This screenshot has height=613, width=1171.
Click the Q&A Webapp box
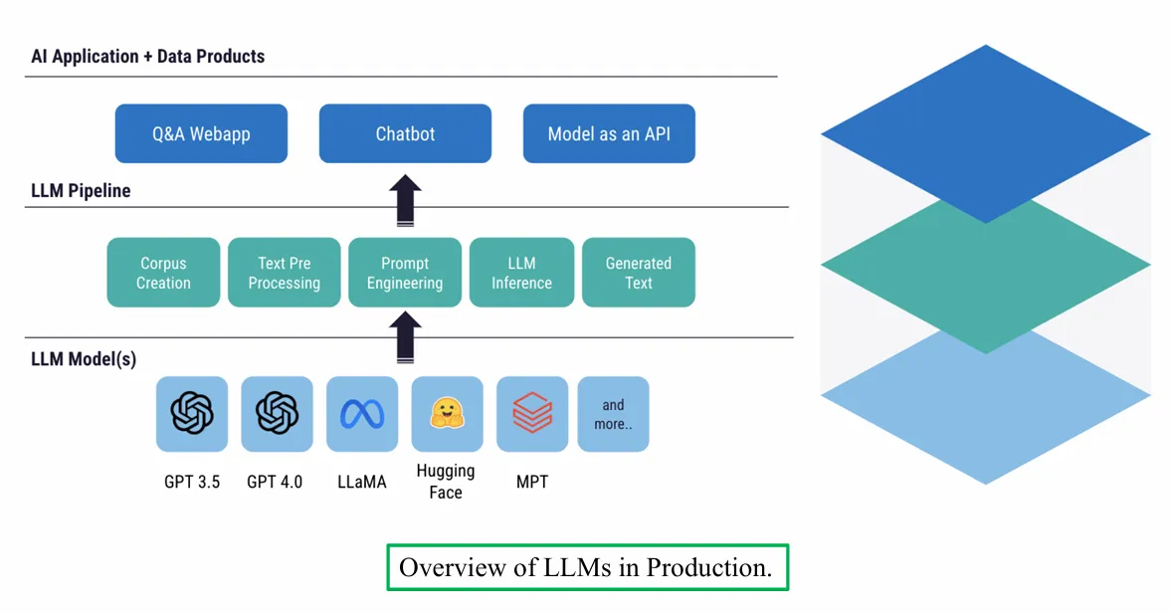[201, 133]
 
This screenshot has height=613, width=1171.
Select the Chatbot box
[405, 133]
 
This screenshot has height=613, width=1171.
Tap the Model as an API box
[609, 133]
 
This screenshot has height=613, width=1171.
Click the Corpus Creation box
[163, 273]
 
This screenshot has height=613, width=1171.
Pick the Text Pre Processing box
[285, 273]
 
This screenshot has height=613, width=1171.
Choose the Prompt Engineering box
[405, 273]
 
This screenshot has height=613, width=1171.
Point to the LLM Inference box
[521, 273]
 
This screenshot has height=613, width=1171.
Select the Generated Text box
[638, 273]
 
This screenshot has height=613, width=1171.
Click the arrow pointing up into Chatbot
[405, 200]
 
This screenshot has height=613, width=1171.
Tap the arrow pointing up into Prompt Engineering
[405, 338]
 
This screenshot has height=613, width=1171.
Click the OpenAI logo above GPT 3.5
[192, 413]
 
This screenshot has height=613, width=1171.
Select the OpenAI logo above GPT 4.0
[277, 413]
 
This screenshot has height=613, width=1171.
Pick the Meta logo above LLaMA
[362, 413]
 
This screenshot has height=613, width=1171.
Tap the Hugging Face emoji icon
[447, 413]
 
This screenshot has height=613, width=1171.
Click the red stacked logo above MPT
[532, 413]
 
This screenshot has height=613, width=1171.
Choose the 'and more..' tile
[613, 414]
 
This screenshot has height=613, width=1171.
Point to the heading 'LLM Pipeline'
[81, 190]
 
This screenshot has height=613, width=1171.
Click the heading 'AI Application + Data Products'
[148, 57]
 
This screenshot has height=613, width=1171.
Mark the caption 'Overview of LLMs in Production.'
[587, 567]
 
